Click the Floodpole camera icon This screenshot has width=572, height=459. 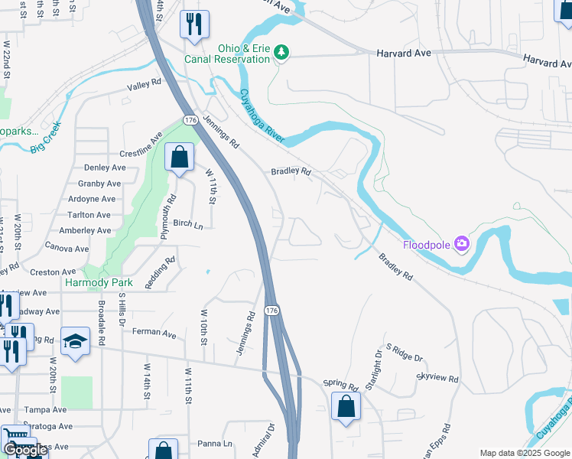[x=461, y=245]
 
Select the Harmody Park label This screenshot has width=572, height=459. [x=99, y=282]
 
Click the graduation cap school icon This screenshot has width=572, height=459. [x=76, y=341]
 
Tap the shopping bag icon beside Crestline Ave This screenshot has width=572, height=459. [x=179, y=158]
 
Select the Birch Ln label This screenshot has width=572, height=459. [x=188, y=224]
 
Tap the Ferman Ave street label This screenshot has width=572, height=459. [x=154, y=334]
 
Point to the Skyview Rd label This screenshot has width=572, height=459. [x=437, y=378]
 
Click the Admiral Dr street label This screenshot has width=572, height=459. [x=263, y=438]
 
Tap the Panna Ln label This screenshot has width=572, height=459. [x=215, y=443]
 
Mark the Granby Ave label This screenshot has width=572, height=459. [x=100, y=184]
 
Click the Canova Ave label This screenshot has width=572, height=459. [x=67, y=248]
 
